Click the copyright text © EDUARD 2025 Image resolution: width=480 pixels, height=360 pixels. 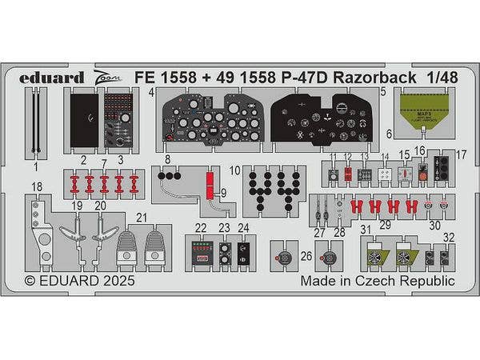[79, 282]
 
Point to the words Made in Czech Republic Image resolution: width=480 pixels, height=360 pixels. [378, 282]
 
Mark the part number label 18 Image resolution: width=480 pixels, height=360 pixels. [36, 187]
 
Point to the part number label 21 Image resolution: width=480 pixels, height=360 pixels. [141, 217]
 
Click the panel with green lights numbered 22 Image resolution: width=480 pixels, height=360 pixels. [200, 252]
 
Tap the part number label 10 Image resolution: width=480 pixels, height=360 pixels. [234, 170]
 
